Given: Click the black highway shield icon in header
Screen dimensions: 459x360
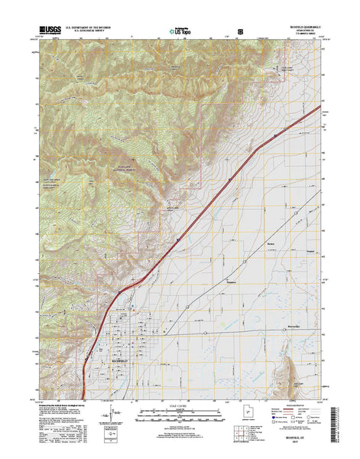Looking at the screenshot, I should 242,32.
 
